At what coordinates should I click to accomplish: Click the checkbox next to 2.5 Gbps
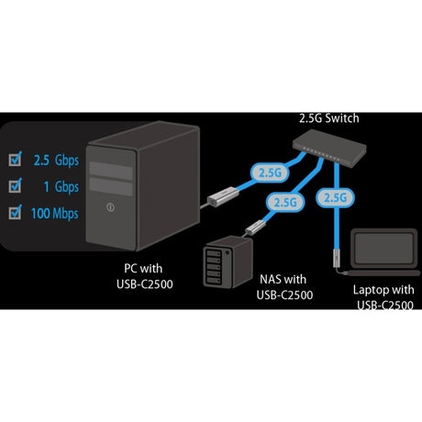pyautogui.click(x=16, y=159)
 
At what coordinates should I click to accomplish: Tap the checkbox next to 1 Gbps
pyautogui.click(x=16, y=186)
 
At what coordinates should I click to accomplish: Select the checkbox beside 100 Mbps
pyautogui.click(x=16, y=215)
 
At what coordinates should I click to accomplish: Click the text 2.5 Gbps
pyautogui.click(x=54, y=159)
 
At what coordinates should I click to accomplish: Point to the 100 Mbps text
pyautogui.click(x=55, y=215)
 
